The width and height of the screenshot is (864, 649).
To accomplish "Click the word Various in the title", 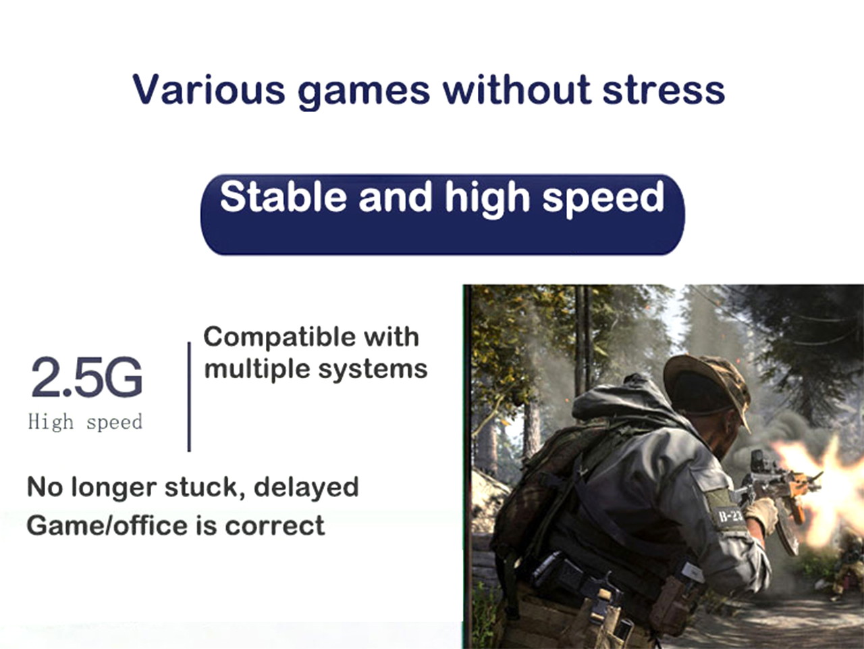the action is click(x=209, y=89).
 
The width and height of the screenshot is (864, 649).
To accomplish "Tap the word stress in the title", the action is click(x=664, y=90).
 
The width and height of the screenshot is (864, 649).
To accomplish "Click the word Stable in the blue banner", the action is click(x=283, y=196).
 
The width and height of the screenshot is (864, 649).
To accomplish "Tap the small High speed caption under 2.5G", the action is click(x=85, y=422).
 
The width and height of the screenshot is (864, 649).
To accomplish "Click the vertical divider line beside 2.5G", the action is click(x=189, y=396).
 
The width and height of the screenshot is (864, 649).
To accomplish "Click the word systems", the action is click(x=373, y=370).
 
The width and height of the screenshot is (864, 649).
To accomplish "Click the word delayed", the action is click(x=306, y=487).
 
